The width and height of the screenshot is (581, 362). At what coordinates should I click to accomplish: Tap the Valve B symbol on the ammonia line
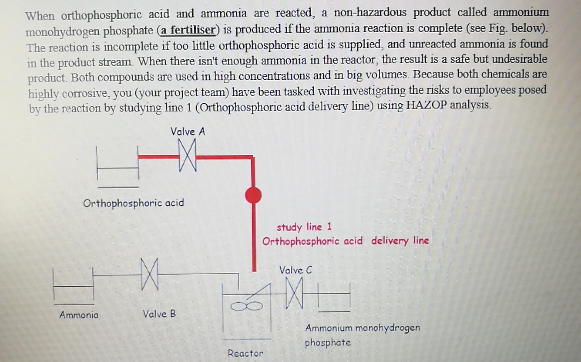click(x=150, y=274)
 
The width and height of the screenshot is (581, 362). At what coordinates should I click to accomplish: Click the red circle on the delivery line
click(x=253, y=195)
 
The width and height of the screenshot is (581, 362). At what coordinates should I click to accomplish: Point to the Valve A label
click(x=188, y=132)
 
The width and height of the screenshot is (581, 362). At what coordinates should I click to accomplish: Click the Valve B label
click(x=159, y=314)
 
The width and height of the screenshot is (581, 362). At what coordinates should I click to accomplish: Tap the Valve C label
click(x=295, y=270)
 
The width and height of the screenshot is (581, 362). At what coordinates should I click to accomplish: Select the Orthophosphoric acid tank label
click(x=133, y=203)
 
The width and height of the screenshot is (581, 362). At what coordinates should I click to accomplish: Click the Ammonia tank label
click(x=79, y=315)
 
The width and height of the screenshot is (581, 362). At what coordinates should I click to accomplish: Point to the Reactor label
click(x=245, y=353)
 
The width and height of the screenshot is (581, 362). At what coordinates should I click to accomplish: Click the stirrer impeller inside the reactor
click(x=247, y=306)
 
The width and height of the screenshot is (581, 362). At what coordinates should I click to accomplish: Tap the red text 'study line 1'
click(x=304, y=227)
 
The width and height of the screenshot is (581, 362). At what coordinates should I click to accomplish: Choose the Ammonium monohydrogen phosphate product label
click(x=362, y=334)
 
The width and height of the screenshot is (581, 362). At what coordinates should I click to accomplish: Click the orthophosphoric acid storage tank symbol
click(x=118, y=167)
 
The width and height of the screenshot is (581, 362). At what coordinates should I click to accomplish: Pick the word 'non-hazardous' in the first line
click(x=370, y=12)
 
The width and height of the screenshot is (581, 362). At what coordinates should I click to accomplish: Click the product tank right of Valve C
click(x=334, y=297)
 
